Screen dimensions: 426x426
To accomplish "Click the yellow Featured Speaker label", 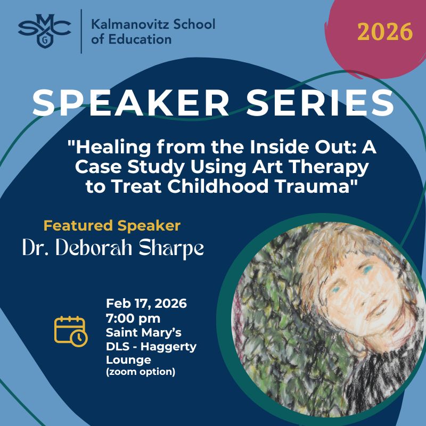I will (112, 226).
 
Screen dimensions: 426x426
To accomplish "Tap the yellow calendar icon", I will (70, 331).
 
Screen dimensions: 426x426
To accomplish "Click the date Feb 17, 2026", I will (146, 304).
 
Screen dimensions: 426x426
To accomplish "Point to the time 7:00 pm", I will (133, 318).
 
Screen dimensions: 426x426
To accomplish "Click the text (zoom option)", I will (141, 372).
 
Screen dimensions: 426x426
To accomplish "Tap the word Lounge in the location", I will (128, 360).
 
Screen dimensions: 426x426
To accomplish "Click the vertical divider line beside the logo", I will (81, 31).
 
